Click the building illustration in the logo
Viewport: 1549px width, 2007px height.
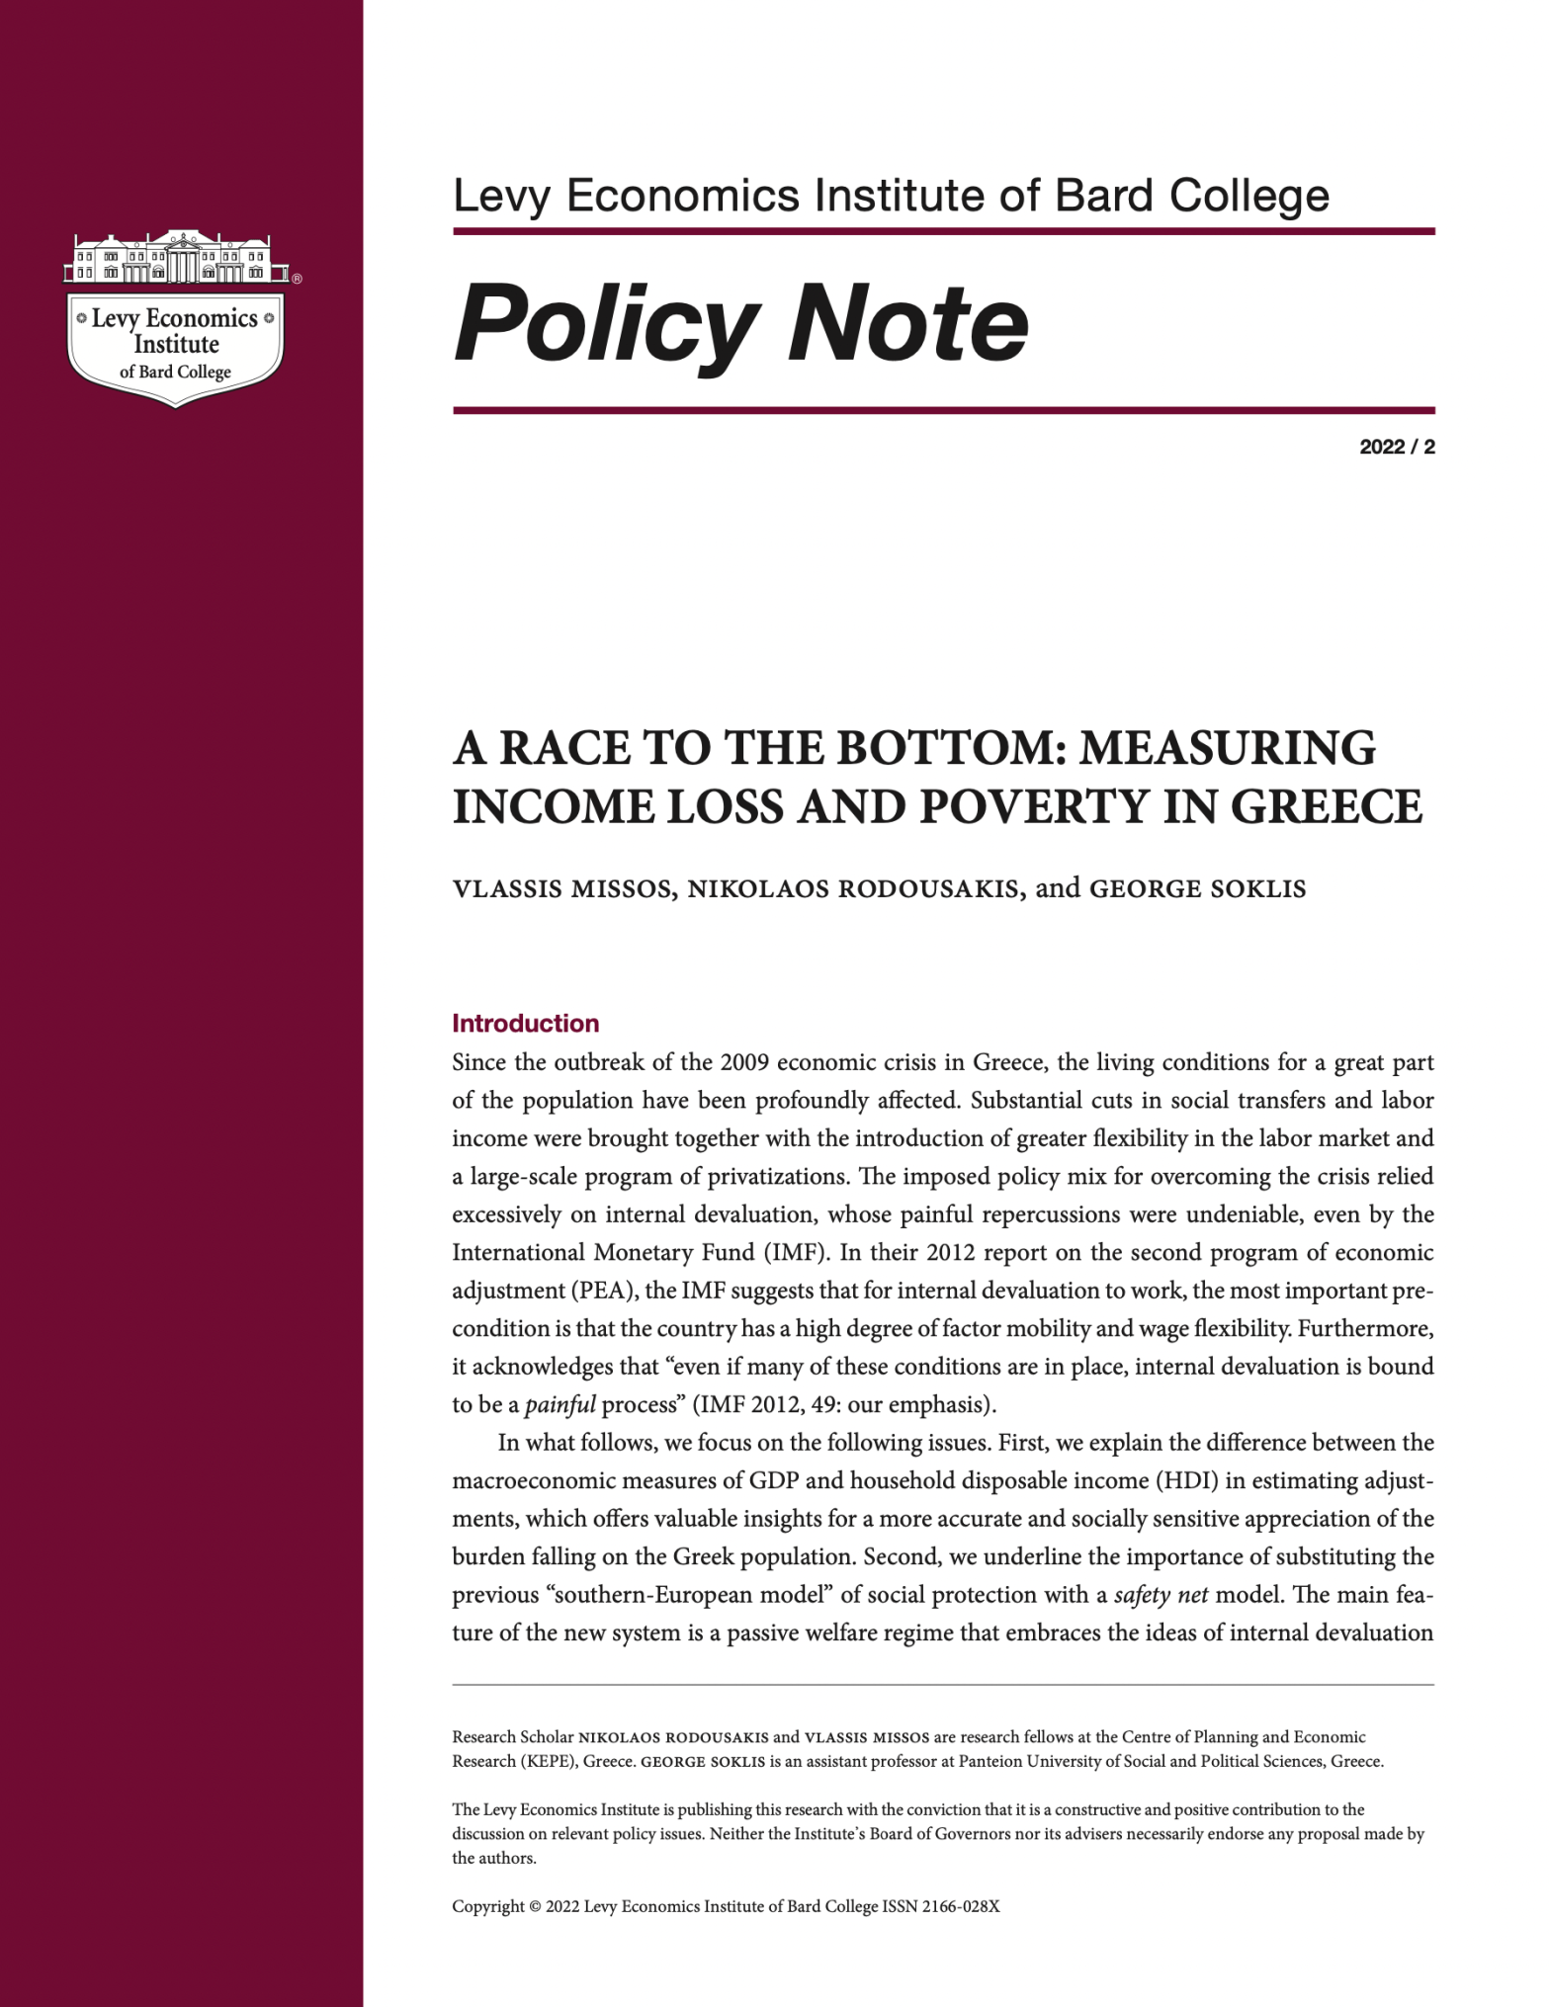176,258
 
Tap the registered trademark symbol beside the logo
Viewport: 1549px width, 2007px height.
298,279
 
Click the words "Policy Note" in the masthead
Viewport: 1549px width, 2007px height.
741,323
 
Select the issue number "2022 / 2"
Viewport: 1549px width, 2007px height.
1397,447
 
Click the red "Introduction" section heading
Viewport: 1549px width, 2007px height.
525,1023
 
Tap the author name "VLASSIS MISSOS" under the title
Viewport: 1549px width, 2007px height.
563,889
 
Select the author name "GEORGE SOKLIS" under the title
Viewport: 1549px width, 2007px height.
1197,889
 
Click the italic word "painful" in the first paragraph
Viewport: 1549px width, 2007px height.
559,1404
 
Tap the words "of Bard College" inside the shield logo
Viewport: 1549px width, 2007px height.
175,373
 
